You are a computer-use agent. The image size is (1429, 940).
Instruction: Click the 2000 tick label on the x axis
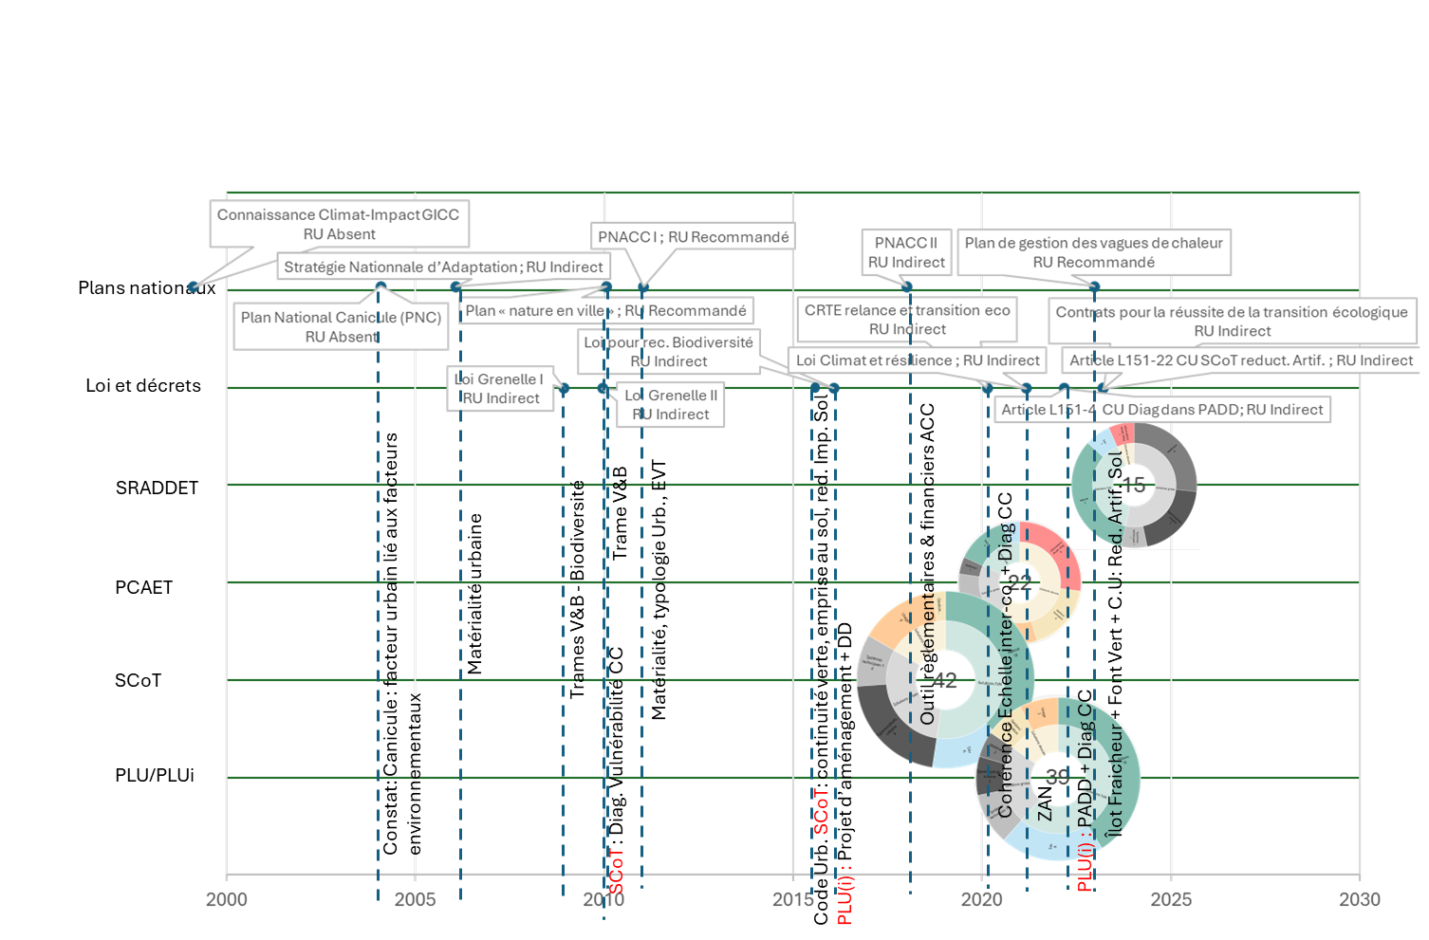(x=226, y=899)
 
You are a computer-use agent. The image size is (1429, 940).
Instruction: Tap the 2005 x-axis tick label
(x=415, y=899)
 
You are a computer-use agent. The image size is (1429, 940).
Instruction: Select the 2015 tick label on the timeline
(x=792, y=899)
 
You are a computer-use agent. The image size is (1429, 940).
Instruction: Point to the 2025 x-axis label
(x=1171, y=899)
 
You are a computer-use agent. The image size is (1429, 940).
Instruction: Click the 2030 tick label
(x=1360, y=899)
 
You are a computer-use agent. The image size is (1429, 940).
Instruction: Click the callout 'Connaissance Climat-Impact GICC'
(x=339, y=224)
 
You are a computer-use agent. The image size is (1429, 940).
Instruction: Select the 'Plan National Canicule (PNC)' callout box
(x=341, y=327)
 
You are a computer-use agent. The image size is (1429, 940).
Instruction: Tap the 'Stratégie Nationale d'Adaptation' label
(x=443, y=267)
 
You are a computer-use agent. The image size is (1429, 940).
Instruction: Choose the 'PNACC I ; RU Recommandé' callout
(x=693, y=237)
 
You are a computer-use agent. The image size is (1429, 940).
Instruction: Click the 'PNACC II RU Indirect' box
(x=906, y=252)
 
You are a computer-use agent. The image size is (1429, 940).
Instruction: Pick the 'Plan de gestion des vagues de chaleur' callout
(x=1094, y=252)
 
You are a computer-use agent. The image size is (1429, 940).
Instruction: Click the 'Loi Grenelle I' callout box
(x=500, y=389)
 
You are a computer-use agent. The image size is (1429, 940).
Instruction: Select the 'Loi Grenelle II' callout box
(x=671, y=405)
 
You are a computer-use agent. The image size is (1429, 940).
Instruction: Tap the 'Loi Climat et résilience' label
(x=918, y=360)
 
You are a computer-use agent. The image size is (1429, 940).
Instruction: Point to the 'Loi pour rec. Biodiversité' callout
(x=669, y=351)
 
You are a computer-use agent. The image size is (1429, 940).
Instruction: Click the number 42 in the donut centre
(x=945, y=680)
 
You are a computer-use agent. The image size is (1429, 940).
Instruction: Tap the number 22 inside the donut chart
(x=1020, y=582)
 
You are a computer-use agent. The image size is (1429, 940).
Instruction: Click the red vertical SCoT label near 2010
(x=617, y=870)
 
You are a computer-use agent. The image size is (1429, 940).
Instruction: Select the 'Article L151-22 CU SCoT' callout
(x=1241, y=360)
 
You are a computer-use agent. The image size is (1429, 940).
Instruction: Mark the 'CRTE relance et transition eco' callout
(x=907, y=320)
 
